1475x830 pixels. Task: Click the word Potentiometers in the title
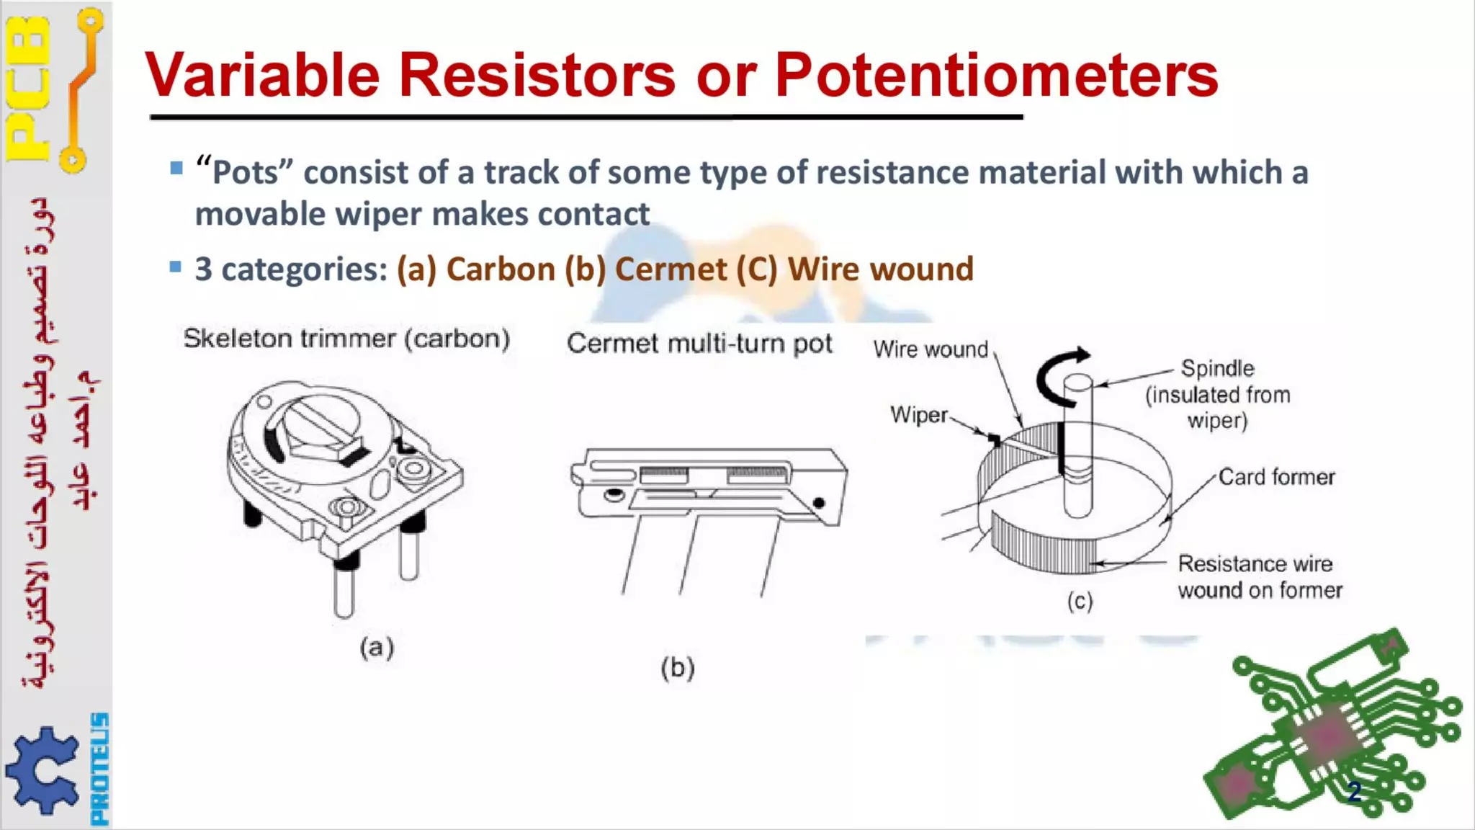995,76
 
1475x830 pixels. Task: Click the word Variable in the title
262,76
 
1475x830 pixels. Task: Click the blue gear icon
42,770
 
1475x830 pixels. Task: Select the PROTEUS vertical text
100,768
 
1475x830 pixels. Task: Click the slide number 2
1354,791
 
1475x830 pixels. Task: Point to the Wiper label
919,415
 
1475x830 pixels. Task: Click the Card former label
1276,477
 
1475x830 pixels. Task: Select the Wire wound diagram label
931,349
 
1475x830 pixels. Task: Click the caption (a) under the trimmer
377,647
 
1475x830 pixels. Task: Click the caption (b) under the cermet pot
677,668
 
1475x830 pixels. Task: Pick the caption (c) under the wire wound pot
1080,601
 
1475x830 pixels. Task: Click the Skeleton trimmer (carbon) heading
346,339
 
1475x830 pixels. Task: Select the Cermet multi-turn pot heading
699,344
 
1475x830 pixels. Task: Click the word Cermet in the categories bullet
671,269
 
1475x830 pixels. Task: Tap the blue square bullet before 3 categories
176,267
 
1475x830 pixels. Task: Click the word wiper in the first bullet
377,215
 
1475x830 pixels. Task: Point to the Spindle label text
1217,368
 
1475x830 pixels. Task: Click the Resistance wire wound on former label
1260,576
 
